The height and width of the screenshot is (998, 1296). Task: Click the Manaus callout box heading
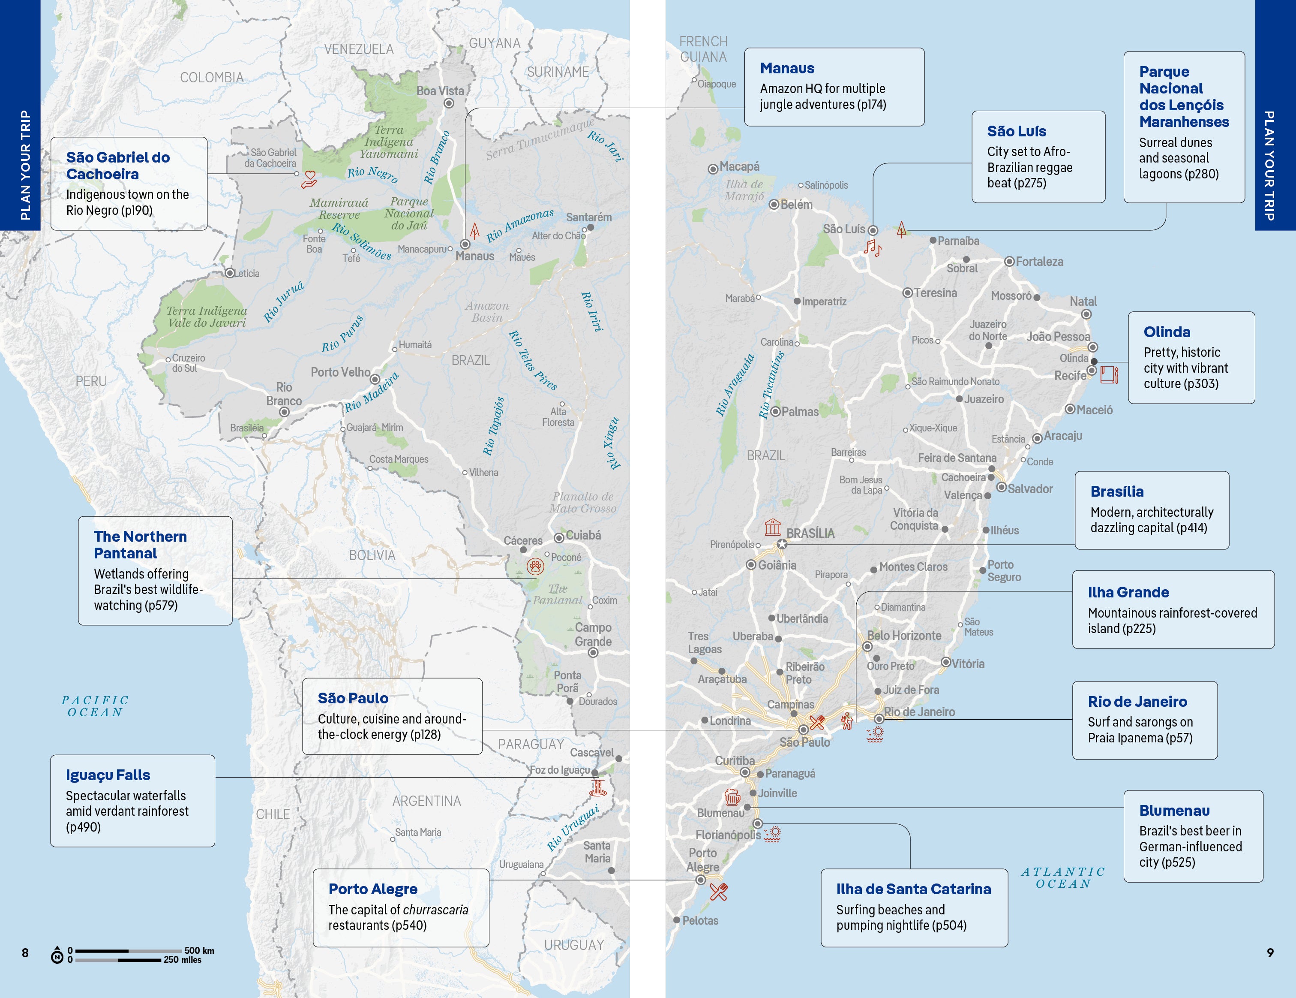pos(787,68)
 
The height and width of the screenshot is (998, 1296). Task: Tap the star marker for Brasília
pos(782,544)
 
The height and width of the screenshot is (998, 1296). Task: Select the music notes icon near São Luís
pos(872,247)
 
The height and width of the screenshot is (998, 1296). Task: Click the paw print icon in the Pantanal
pos(535,567)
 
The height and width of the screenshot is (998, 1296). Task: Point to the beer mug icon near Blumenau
pos(732,796)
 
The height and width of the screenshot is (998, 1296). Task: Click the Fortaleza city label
pos(1039,261)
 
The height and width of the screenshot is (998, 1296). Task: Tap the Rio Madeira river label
pos(372,392)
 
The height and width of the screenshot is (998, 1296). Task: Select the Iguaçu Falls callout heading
pos(108,775)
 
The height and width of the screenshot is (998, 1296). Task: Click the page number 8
pos(25,952)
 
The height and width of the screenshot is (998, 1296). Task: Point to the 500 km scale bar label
pos(199,950)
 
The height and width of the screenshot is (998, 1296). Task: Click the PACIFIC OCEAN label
pos(95,706)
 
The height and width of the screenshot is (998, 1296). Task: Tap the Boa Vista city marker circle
pos(449,103)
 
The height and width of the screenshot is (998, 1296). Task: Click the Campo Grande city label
pos(592,634)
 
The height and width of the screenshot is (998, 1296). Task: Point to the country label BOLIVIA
pos(372,555)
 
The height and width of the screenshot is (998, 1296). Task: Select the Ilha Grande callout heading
pos(1128,592)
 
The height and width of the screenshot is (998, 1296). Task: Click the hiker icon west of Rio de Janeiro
pos(847,721)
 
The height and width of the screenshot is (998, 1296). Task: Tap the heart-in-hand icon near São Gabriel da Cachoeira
pos(309,178)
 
